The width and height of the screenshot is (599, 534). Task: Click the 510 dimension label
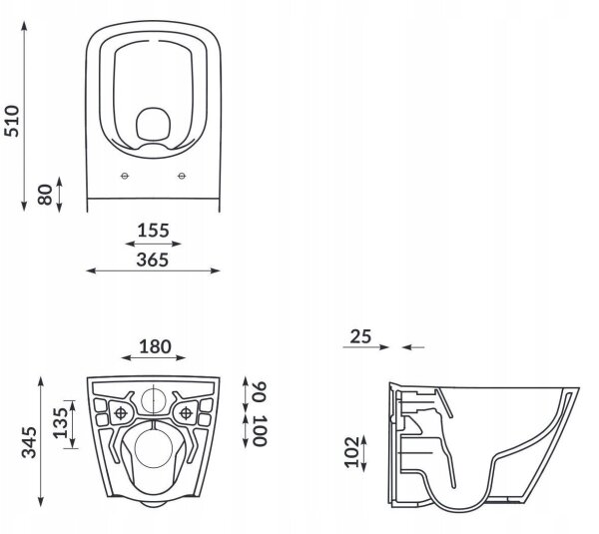point(11,121)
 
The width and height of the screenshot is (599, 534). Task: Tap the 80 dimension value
point(45,195)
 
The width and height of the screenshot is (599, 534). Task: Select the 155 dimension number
point(153,231)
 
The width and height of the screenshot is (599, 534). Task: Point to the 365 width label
point(153,260)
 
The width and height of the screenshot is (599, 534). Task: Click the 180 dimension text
point(155,346)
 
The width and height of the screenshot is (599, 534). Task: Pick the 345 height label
point(29,442)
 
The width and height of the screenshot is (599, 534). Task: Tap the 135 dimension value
point(60,423)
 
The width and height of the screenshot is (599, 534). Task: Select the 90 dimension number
point(260,391)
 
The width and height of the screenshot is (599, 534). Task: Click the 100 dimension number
point(260,431)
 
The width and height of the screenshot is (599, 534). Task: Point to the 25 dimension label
point(360,336)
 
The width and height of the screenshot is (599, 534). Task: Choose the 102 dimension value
point(351,452)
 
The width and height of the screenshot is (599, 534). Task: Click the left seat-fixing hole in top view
point(125,176)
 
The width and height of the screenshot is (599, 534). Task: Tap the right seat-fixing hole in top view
point(182,176)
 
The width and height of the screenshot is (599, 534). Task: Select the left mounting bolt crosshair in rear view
point(121,413)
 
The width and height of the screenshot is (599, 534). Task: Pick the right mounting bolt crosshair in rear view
point(186,413)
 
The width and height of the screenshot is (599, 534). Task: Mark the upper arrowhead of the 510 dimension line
point(24,26)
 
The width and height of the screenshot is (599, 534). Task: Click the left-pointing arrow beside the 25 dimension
point(413,347)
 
